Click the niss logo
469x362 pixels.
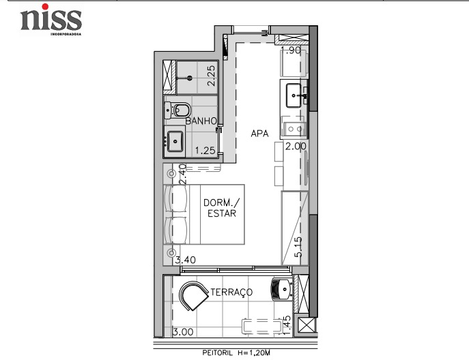pyautogui.click(x=51, y=20)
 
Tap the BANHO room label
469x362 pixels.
pyautogui.click(x=201, y=121)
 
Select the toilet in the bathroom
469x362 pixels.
pyautogui.click(x=177, y=110)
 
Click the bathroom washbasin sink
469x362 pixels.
pyautogui.click(x=175, y=141)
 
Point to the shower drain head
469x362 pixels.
pyautogui.click(x=189, y=78)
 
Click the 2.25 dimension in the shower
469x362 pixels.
pyautogui.click(x=211, y=76)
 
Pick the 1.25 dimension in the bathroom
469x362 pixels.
pyautogui.click(x=205, y=150)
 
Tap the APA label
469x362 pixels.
pyautogui.click(x=259, y=134)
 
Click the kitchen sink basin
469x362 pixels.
pyautogui.click(x=294, y=95)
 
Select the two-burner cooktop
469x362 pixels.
pyautogui.click(x=294, y=129)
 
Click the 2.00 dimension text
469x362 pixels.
pyautogui.click(x=296, y=147)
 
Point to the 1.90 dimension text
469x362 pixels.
pyautogui.click(x=291, y=50)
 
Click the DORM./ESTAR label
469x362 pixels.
pyautogui.click(x=222, y=208)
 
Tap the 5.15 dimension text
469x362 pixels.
pyautogui.click(x=298, y=247)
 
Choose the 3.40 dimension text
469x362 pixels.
pyautogui.click(x=186, y=260)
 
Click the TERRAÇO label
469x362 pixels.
pyautogui.click(x=231, y=292)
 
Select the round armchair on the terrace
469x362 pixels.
pyautogui.click(x=193, y=296)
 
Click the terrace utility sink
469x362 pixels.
pyautogui.click(x=281, y=289)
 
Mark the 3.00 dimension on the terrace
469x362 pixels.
pyautogui.click(x=183, y=332)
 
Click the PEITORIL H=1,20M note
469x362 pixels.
pyautogui.click(x=236, y=352)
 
